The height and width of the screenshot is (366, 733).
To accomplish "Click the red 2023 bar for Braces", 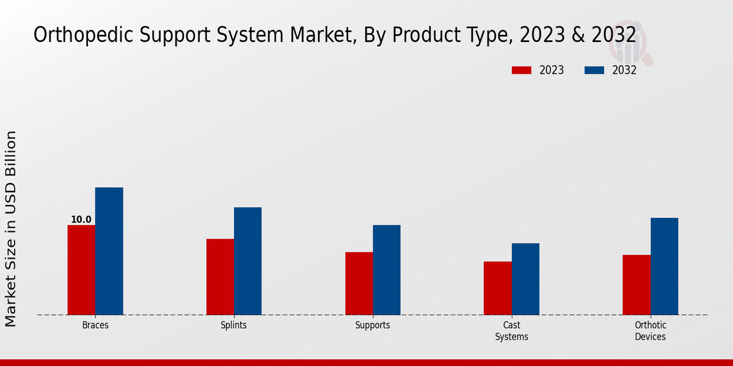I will (81, 270).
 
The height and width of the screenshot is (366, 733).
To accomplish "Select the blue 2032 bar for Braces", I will (109, 251).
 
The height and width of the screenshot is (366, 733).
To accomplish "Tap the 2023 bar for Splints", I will (220, 276).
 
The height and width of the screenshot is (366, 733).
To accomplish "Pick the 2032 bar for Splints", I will (247, 261).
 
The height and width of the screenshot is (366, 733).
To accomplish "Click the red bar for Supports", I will (359, 283).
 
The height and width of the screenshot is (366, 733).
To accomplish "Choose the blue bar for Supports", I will (387, 270).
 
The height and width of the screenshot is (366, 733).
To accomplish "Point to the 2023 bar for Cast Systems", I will (497, 288).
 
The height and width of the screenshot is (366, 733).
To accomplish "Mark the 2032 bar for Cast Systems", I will (525, 279).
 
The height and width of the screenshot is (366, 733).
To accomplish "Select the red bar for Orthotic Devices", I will (636, 284).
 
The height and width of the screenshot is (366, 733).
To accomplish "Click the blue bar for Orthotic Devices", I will (664, 266).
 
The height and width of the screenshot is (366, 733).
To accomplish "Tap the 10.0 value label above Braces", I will (81, 220).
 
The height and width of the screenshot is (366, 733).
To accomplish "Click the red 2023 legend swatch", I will (521, 70).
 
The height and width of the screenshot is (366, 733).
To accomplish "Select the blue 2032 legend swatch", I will (594, 70).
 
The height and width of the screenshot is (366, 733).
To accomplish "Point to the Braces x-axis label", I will (95, 325).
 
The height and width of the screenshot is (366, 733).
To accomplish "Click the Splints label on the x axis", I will (234, 325).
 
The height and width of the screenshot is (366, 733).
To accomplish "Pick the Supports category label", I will (373, 325).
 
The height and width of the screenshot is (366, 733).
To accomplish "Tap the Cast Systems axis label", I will (511, 331).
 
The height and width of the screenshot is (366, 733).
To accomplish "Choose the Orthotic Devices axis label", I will (650, 331).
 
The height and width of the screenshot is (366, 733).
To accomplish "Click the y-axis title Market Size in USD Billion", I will (12, 228).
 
